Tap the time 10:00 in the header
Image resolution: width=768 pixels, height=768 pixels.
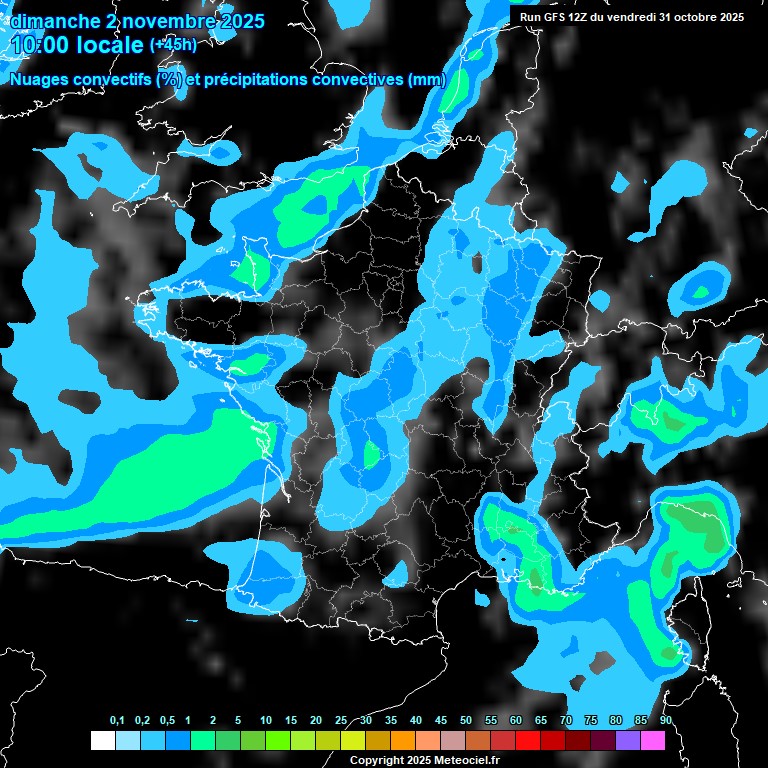[39, 45]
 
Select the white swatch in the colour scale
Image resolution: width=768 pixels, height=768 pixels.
[102, 740]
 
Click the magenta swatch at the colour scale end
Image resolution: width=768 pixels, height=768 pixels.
[653, 740]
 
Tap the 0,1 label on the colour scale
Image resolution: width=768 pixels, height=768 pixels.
[116, 720]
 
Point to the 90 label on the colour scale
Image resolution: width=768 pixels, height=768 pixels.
[665, 720]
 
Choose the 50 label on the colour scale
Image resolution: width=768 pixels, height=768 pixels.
[466, 720]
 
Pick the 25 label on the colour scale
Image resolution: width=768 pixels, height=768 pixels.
[341, 720]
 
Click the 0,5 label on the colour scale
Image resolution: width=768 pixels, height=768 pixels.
[166, 720]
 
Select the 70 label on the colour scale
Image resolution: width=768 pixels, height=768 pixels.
[566, 720]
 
